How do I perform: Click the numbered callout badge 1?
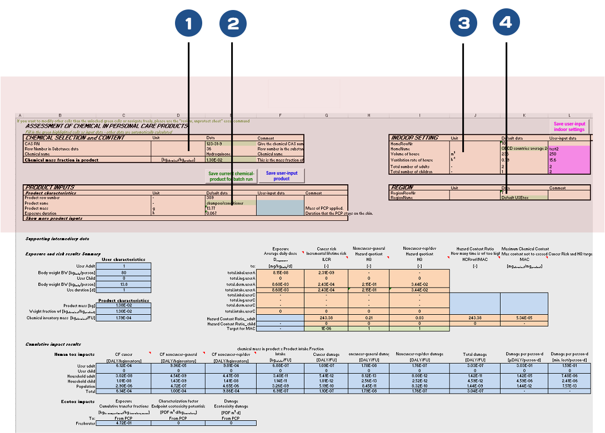[189, 23]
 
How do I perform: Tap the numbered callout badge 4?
[506, 23]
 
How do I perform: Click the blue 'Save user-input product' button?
[282, 176]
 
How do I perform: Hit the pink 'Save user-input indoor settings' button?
[569, 127]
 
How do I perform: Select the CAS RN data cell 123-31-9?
[214, 144]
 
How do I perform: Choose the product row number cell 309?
[210, 198]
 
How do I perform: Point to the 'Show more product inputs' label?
[54, 219]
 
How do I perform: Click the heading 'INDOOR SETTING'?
[415, 138]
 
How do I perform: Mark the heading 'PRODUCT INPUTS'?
[50, 188]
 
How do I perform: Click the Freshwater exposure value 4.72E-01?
[123, 423]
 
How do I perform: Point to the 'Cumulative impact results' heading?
[53, 345]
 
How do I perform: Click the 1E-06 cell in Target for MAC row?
[326, 329]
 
